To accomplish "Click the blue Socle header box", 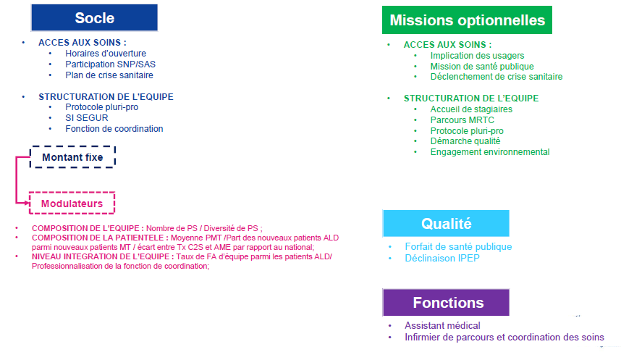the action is coord(94,18).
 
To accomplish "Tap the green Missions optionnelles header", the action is coord(467,20).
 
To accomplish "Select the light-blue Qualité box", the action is coord(446,224).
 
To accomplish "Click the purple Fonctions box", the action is coord(446,303).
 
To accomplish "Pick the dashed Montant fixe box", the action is coord(72,157).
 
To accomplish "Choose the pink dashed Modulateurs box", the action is coord(72,203).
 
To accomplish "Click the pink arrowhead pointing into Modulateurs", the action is coord(27,203).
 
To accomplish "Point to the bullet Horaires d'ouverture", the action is coord(106,54).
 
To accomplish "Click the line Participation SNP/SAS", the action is coord(111,64).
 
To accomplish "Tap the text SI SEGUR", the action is coord(87,118).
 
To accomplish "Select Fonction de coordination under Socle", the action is coord(114,129).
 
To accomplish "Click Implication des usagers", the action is coord(477,56).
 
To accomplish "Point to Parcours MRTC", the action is coord(462,120).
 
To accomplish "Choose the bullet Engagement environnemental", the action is coord(490,152).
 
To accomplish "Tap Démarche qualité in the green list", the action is coord(465,141).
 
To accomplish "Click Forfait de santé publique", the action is coord(458,246).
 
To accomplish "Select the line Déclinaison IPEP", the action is coord(442,258).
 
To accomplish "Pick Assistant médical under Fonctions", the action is coord(442,325).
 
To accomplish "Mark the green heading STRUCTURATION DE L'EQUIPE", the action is coord(471,99).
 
